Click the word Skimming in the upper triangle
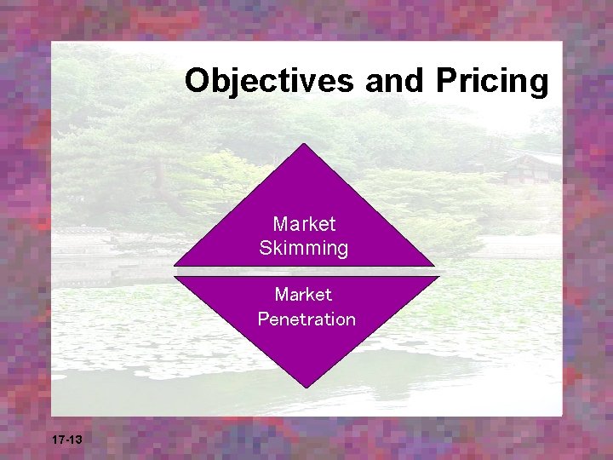(304, 249)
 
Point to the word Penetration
(306, 319)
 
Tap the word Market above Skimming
(304, 224)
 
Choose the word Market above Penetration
(304, 295)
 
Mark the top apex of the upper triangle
(304, 144)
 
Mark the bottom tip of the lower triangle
(305, 388)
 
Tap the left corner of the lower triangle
(175, 278)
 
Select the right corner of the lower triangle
(438, 278)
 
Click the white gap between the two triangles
(305, 272)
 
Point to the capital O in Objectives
(198, 81)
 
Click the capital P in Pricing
(447, 81)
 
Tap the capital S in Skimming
(266, 249)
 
